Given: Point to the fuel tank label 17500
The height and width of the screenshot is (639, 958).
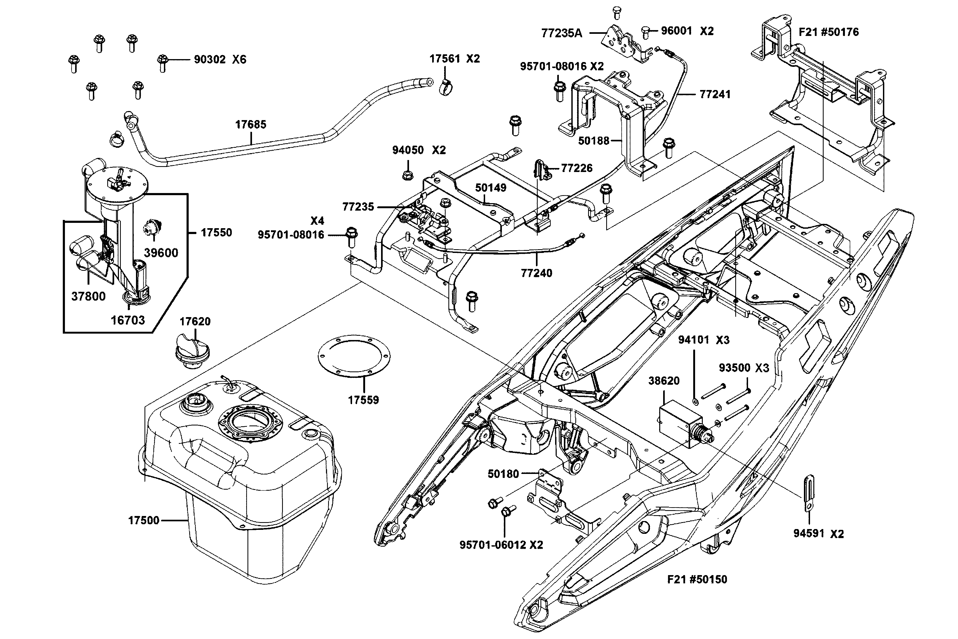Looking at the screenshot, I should click(x=143, y=521).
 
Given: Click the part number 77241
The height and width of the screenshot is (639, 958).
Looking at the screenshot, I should click(x=715, y=95).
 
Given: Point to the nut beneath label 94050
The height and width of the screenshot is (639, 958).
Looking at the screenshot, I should click(x=407, y=174).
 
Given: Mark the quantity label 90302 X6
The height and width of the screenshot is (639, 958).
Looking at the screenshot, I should click(x=220, y=59).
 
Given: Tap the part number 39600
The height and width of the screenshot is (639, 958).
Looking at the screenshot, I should click(x=161, y=253).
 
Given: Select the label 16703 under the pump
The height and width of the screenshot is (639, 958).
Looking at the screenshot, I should click(x=128, y=320).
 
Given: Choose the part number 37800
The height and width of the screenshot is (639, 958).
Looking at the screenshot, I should click(x=88, y=296).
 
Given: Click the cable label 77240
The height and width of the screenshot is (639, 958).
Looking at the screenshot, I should click(x=536, y=273).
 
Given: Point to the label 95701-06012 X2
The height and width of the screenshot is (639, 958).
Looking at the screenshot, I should click(x=501, y=545).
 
